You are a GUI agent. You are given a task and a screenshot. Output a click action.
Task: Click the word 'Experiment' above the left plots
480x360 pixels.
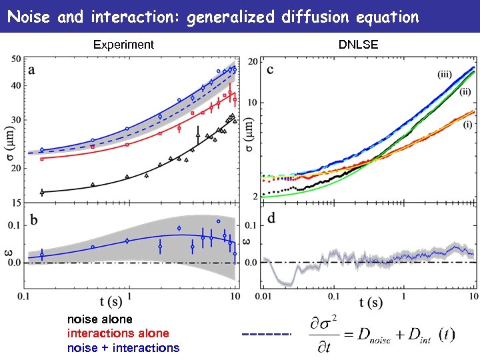pyautogui.click(x=123, y=45)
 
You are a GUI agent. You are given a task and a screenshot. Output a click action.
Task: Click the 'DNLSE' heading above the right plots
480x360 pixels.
pyautogui.click(x=358, y=45)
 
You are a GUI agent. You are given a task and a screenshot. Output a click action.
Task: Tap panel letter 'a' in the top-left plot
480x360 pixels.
pyautogui.click(x=32, y=69)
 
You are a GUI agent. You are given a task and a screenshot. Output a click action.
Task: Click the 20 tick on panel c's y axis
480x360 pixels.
pyautogui.click(x=253, y=62)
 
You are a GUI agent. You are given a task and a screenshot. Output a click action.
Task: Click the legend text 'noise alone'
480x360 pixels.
pyautogui.click(x=99, y=319)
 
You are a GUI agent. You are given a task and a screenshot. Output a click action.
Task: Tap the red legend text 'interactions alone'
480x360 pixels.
pyautogui.click(x=118, y=333)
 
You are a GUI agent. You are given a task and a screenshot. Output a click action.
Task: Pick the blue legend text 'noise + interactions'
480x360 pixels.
pyautogui.click(x=123, y=347)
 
